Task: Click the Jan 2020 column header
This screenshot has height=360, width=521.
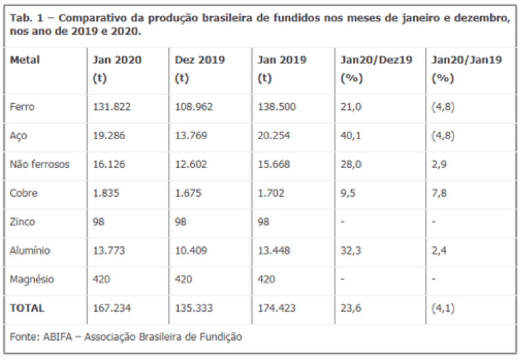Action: pyautogui.click(x=117, y=60)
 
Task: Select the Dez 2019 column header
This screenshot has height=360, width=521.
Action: pyautogui.click(x=200, y=60)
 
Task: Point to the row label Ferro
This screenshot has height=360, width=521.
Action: pyautogui.click(x=22, y=106)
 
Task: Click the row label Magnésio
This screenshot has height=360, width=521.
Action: pyautogui.click(x=31, y=279)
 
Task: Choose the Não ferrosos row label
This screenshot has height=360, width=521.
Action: pyautogui.click(x=40, y=164)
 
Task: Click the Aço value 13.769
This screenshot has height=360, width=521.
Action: pyautogui.click(x=192, y=135)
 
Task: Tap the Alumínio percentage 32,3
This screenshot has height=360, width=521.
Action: pyautogui.click(x=350, y=250)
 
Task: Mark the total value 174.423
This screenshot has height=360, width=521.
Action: pyautogui.click(x=277, y=308)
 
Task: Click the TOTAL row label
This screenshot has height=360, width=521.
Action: pyautogui.click(x=27, y=308)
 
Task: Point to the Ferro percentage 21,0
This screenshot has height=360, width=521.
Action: pyautogui.click(x=350, y=106)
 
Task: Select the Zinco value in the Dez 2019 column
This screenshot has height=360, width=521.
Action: pyautogui.click(x=182, y=221)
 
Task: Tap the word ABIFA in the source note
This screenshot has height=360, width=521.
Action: pyautogui.click(x=56, y=337)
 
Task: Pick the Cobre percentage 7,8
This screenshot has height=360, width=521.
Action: pyautogui.click(x=439, y=193)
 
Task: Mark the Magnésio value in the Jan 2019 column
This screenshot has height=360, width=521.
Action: pyautogui.click(x=267, y=279)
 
